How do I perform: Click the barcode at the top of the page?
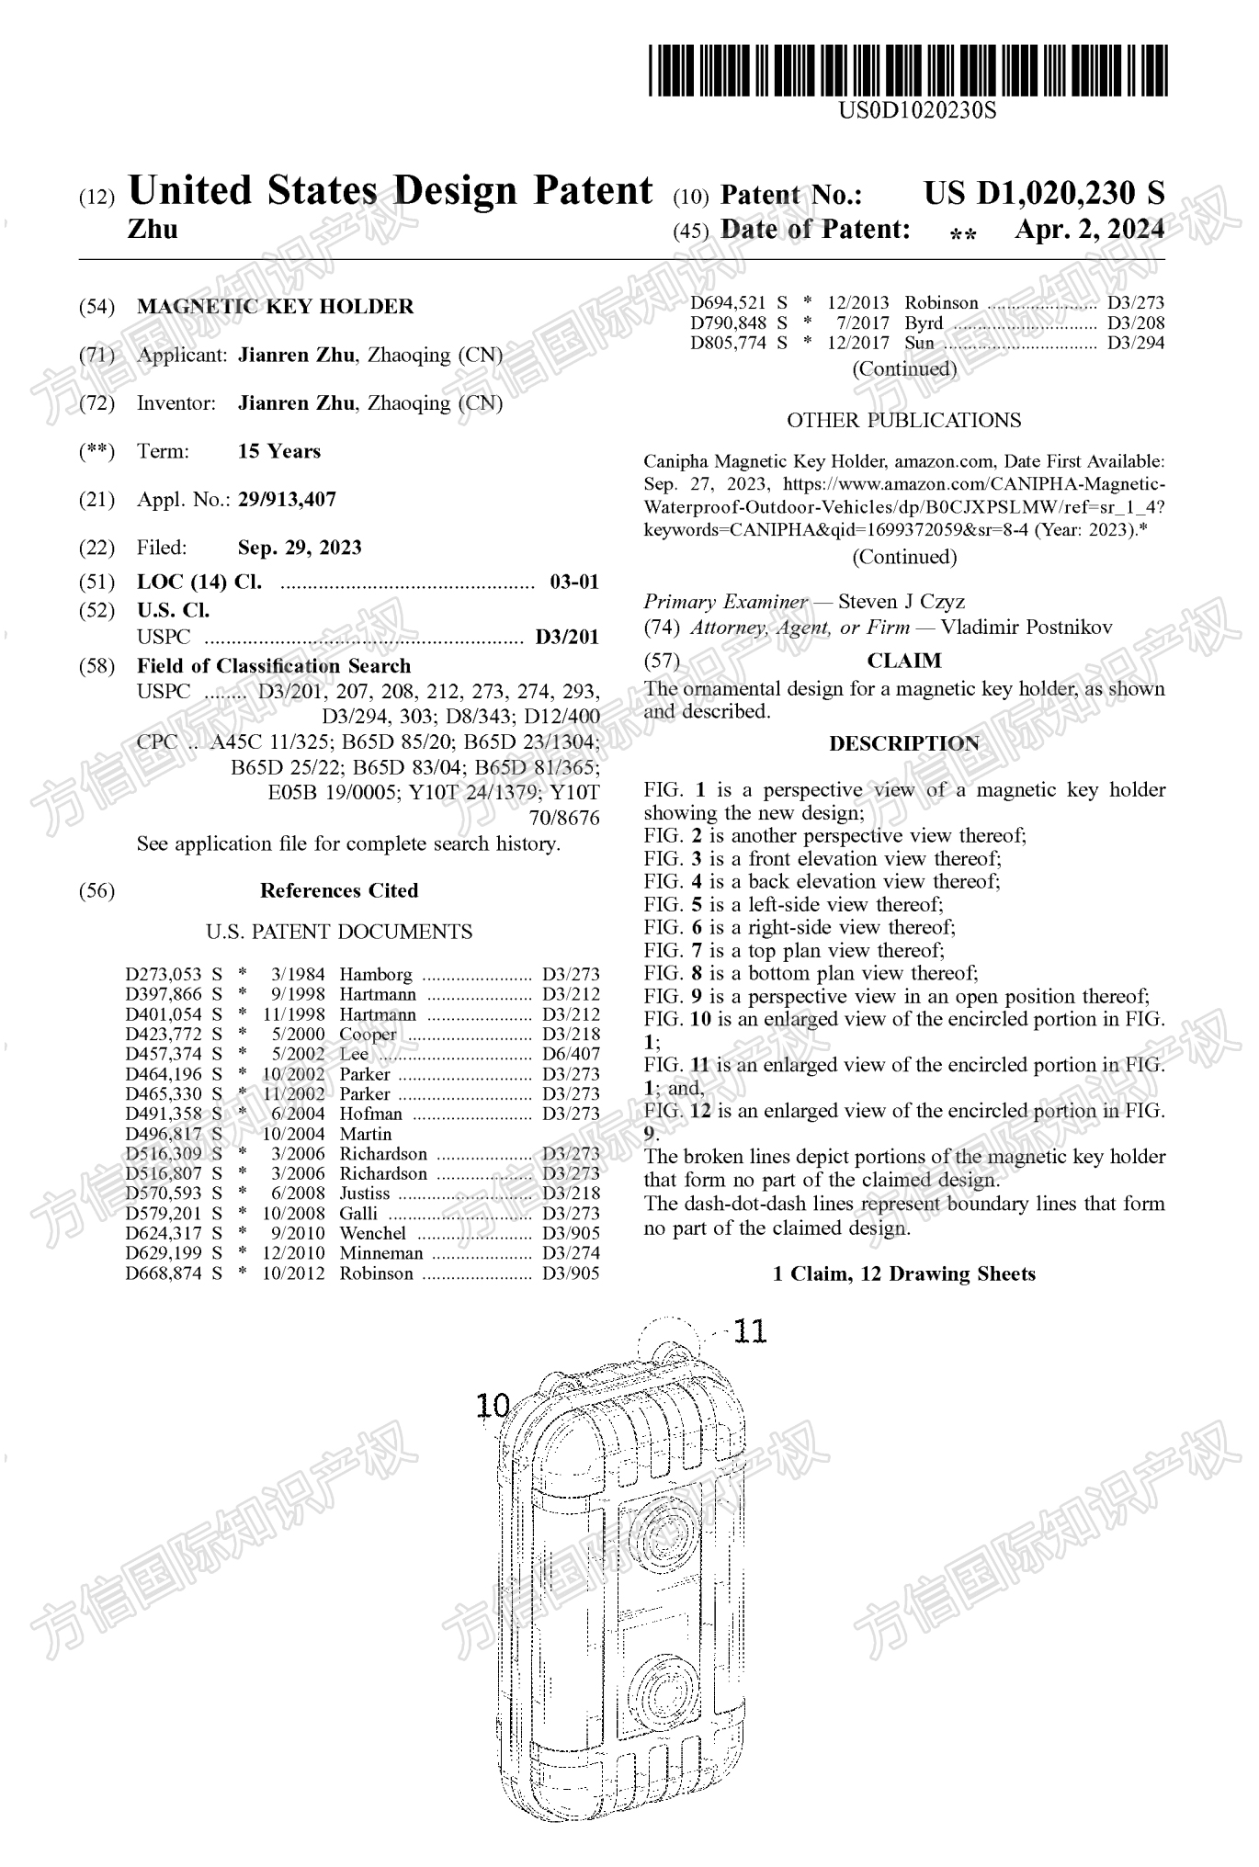[908, 71]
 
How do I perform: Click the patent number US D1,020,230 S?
[1043, 193]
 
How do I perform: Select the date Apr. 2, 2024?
[1089, 230]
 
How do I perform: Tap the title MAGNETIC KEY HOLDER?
[275, 307]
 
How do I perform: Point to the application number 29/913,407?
[287, 500]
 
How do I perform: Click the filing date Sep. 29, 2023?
[300, 548]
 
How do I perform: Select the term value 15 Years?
[279, 451]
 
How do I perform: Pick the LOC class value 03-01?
[573, 582]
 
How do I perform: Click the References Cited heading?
[339, 890]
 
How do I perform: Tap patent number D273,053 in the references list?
[164, 974]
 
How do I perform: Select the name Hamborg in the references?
[376, 974]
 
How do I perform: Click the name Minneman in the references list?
[381, 1253]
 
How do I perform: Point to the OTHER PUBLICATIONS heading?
[903, 421]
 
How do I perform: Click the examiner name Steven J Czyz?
[901, 602]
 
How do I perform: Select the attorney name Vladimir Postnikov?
[1026, 628]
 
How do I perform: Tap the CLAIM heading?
[904, 661]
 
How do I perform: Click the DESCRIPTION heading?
[904, 743]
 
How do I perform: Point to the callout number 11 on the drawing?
[750, 1331]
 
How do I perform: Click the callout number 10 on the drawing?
[493, 1405]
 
